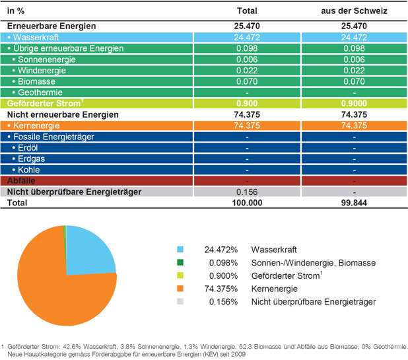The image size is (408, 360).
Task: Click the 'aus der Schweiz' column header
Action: (x=354, y=11)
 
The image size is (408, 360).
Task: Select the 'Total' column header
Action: (x=247, y=11)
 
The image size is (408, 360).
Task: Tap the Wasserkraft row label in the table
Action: (x=36, y=38)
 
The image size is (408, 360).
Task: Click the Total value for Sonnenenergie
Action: (x=247, y=59)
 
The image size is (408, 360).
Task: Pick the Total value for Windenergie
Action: (x=247, y=71)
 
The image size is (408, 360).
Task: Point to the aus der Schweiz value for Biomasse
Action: (x=354, y=81)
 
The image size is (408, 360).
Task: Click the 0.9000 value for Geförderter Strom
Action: (x=354, y=103)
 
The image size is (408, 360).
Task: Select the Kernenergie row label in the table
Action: (x=36, y=126)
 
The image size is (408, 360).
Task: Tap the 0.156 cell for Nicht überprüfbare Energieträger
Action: (x=247, y=192)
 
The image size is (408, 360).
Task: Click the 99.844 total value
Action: (x=354, y=203)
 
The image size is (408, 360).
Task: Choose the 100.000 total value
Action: (x=247, y=203)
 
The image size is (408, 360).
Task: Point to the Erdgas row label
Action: (x=31, y=159)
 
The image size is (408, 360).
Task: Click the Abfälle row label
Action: (x=21, y=180)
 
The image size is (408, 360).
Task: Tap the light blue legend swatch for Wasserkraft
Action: (x=180, y=250)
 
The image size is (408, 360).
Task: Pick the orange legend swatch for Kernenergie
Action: (x=180, y=289)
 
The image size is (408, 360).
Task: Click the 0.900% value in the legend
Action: (x=223, y=276)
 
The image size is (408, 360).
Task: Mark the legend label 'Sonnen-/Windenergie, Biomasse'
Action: (x=314, y=263)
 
